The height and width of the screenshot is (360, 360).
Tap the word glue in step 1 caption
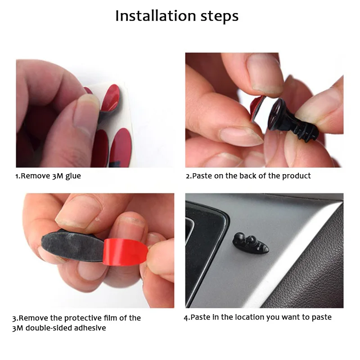click(x=72, y=176)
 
